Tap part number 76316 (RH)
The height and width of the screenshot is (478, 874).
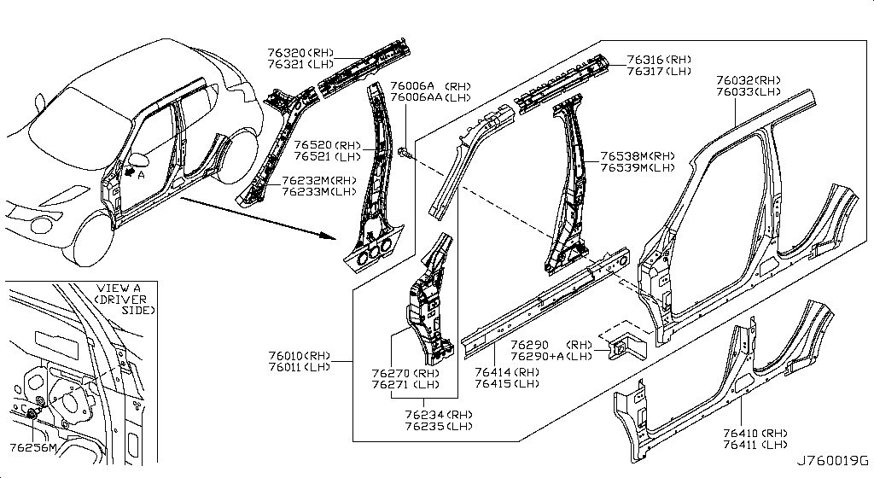pyautogui.click(x=658, y=60)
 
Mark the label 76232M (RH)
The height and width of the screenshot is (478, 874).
pyautogui.click(x=319, y=181)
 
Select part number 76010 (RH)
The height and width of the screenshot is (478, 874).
pyautogui.click(x=295, y=355)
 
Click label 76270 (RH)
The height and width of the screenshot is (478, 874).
pyautogui.click(x=405, y=373)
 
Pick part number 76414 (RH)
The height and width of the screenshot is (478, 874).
pyautogui.click(x=506, y=372)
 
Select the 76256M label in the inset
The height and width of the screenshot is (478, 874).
pyautogui.click(x=32, y=447)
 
